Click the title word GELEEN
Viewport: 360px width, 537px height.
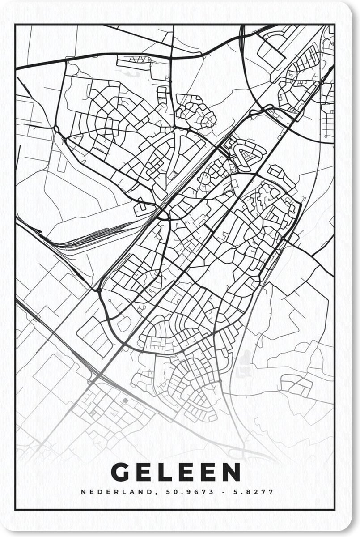pos(175,472)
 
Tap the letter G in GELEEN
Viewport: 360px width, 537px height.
pos(120,472)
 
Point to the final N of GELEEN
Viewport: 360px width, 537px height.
pos(230,472)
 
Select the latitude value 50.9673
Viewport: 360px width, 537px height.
pos(180,492)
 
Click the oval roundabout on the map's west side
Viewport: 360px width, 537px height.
pos(57,129)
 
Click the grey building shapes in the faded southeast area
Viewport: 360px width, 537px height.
pos(246,362)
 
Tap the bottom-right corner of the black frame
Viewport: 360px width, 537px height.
pos(334,509)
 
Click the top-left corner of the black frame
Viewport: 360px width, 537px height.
pos(15,25)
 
